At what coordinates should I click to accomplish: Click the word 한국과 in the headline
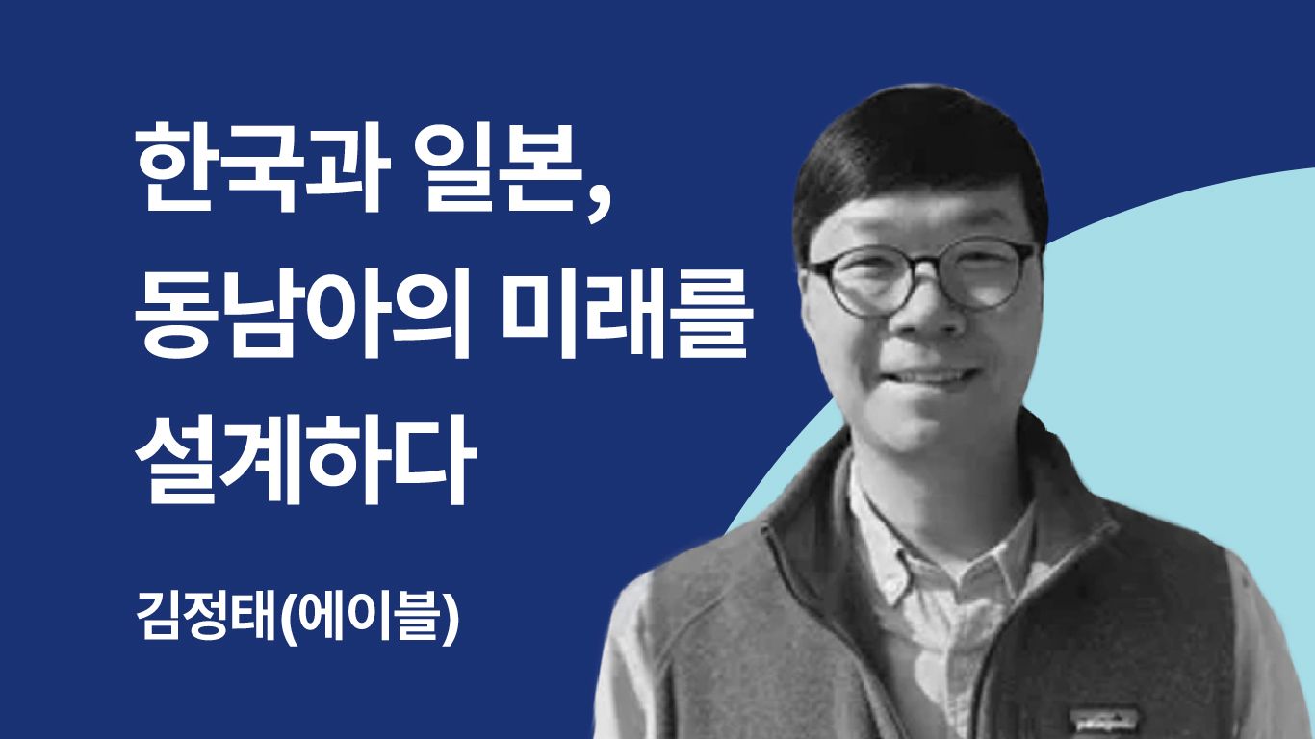tap(263, 167)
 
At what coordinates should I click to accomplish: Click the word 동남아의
tap(303, 313)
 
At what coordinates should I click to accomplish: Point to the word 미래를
tap(627, 313)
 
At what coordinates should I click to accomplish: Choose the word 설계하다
tap(306, 458)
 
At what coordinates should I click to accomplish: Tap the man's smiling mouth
tap(938, 375)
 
